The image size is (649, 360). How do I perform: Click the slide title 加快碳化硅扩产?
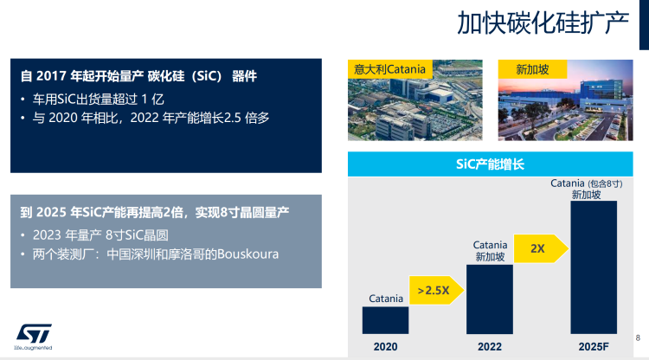[x=543, y=23]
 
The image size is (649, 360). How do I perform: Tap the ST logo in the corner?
[x=34, y=337]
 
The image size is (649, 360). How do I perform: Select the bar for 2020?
[x=385, y=320]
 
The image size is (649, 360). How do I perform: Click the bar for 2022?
[x=490, y=299]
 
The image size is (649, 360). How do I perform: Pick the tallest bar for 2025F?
[x=594, y=267]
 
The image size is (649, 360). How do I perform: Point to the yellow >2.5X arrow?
[x=437, y=290]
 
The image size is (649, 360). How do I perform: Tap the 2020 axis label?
[x=385, y=347]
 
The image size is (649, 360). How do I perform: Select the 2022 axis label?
[x=490, y=347]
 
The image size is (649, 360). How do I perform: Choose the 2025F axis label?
[x=594, y=347]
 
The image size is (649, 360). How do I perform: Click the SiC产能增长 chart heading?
[x=490, y=164]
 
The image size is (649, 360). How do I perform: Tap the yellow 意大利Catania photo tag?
[x=390, y=69]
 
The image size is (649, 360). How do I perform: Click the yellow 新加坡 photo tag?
[x=532, y=69]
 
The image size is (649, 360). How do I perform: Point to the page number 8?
[x=638, y=337]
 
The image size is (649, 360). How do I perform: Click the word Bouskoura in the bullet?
[x=248, y=254]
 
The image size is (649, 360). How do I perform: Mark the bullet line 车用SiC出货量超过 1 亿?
[x=99, y=99]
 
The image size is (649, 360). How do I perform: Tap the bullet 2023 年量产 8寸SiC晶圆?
[x=100, y=235]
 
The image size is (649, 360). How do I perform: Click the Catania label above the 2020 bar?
[x=386, y=299]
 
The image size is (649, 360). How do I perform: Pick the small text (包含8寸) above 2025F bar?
[x=605, y=183]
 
